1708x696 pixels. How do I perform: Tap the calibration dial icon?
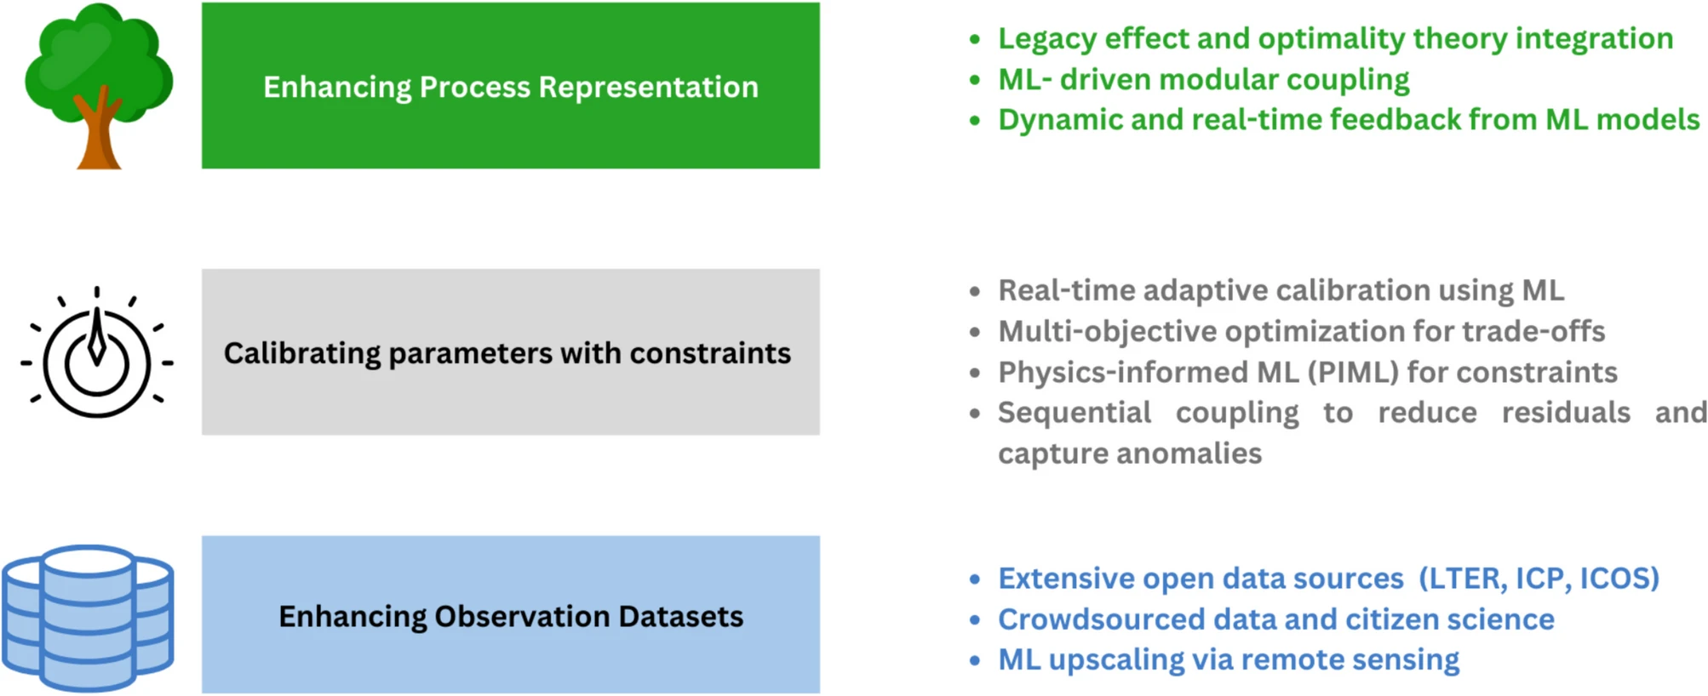tap(96, 352)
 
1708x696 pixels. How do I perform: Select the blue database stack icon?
tap(88, 618)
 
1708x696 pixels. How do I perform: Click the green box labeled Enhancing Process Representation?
tap(511, 85)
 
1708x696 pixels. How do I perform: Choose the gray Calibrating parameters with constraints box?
tap(511, 352)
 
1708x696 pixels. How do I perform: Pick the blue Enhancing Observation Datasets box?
tap(511, 614)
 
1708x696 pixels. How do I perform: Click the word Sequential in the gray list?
tap(1075, 414)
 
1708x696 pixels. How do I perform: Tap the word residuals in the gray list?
tap(1566, 413)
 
